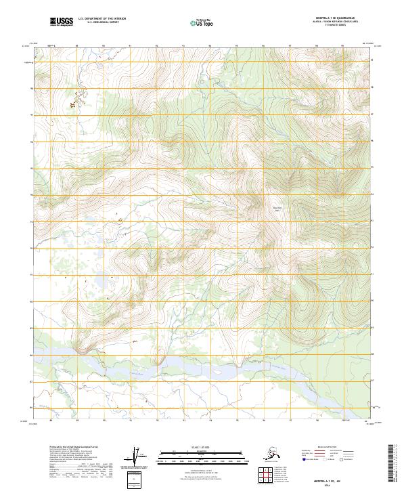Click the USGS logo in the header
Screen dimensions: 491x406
coord(62,22)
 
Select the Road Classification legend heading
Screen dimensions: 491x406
coord(328,448)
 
